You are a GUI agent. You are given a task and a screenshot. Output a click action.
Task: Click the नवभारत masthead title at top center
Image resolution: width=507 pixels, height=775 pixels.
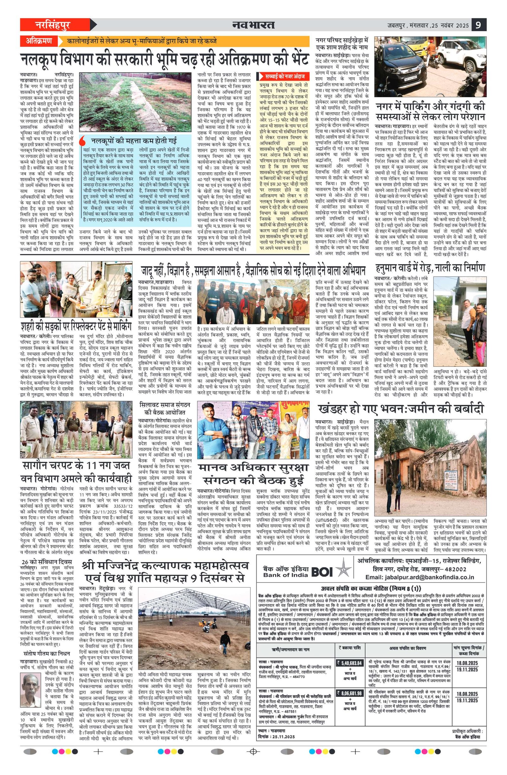253,25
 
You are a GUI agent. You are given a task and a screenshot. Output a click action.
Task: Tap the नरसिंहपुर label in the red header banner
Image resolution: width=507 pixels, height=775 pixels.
53,25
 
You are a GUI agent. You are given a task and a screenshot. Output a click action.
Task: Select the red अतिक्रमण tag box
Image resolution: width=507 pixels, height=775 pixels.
39,41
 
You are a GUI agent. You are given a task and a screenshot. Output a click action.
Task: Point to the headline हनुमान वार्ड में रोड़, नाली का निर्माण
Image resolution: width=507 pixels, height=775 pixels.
430,268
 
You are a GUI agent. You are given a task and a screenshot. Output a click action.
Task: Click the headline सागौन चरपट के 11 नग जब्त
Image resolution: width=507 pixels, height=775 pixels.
76,466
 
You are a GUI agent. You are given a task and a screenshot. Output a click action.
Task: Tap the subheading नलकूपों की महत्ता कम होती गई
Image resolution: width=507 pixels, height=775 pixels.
134,141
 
